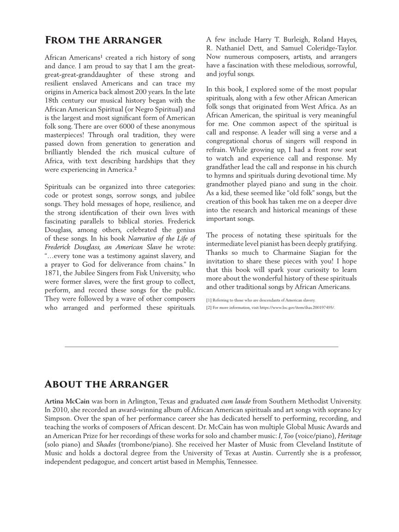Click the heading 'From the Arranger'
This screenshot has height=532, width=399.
click(103, 41)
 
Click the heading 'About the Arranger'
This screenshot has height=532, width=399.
click(107, 384)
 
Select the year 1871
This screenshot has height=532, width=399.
click(52, 273)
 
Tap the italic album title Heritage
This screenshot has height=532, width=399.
click(349, 435)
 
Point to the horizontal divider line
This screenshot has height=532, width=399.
click(201, 346)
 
